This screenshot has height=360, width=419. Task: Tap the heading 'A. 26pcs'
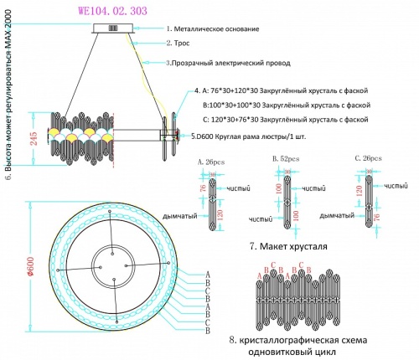pos(212,160)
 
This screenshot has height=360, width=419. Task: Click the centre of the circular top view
pos(111,268)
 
